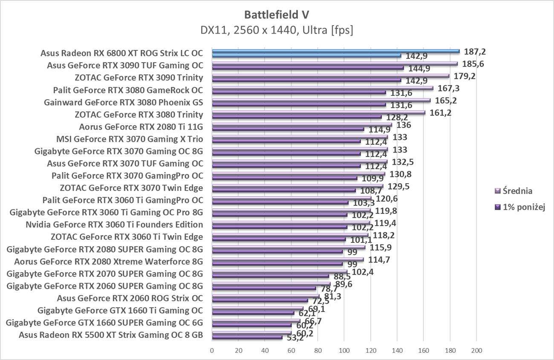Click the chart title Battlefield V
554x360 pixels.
(x=277, y=14)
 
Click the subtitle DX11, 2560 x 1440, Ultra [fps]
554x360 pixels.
(x=277, y=30)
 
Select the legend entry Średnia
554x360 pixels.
(x=517, y=191)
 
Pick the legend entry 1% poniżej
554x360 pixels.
(x=524, y=207)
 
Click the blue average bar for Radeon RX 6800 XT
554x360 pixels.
(x=336, y=51)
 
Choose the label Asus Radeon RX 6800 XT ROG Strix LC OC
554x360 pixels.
(x=121, y=53)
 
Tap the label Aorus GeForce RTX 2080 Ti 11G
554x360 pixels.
(x=141, y=127)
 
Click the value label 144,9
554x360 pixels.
(x=418, y=68)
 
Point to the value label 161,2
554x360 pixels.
(x=441, y=113)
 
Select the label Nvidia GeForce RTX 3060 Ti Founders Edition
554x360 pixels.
(x=114, y=225)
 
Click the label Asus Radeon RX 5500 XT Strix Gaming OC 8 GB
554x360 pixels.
(x=111, y=335)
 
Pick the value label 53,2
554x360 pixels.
(x=295, y=338)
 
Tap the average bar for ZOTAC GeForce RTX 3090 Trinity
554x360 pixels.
(x=330, y=76)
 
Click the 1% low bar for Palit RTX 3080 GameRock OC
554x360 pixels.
(x=299, y=92)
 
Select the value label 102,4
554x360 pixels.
(x=363, y=272)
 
